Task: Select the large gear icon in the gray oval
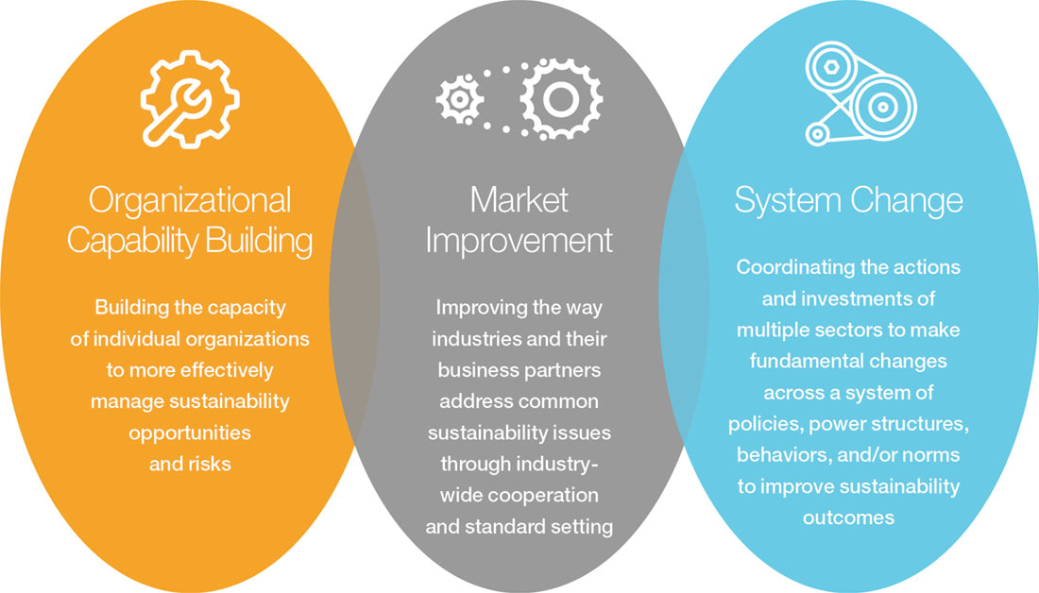[x=561, y=97]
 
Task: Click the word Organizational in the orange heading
[x=190, y=201]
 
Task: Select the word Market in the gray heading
[x=519, y=200]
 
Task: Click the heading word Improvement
[x=519, y=241]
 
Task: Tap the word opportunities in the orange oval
[x=190, y=432]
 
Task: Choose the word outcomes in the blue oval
[x=848, y=517]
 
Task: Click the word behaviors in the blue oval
[x=780, y=455]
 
